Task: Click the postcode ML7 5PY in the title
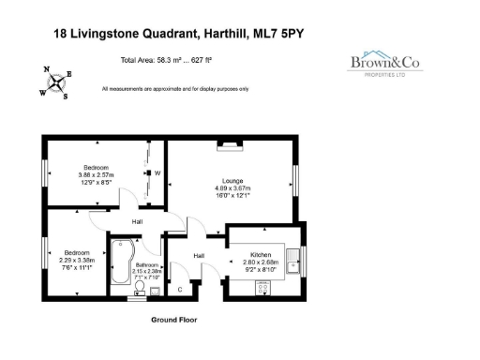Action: pyautogui.click(x=281, y=34)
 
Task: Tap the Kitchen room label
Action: pyautogui.click(x=262, y=255)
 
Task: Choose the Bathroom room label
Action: pyautogui.click(x=148, y=266)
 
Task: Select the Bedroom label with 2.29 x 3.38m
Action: pyautogui.click(x=77, y=252)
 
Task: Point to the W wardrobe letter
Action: pyautogui.click(x=157, y=173)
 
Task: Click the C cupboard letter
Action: pyautogui.click(x=180, y=288)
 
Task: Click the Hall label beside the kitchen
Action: pyautogui.click(x=199, y=255)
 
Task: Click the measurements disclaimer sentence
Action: pyautogui.click(x=174, y=89)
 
